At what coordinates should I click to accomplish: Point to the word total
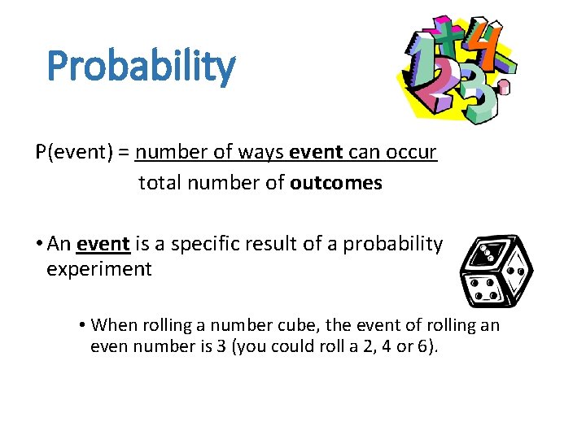(x=160, y=183)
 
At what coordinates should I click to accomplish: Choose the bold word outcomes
(x=335, y=183)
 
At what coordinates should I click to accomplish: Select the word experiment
(x=99, y=269)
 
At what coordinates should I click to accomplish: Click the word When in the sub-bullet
(x=112, y=325)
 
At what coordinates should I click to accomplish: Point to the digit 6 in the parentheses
(x=426, y=348)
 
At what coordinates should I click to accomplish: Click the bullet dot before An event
(x=39, y=244)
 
